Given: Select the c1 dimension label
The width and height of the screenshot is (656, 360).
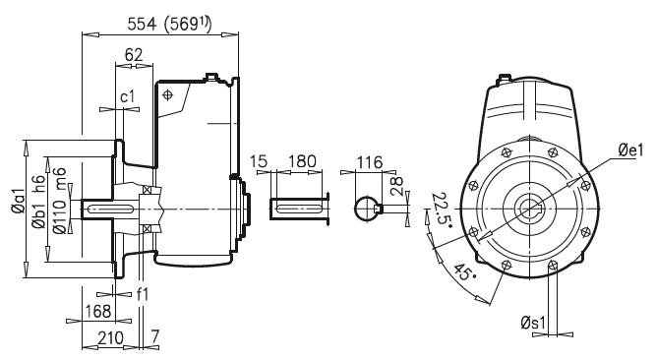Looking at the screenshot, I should click(x=128, y=97).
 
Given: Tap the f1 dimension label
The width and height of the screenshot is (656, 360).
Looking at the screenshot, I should click(x=144, y=293).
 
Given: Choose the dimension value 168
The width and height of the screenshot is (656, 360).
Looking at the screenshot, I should click(x=98, y=312).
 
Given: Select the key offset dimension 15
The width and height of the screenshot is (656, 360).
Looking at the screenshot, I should click(x=259, y=160).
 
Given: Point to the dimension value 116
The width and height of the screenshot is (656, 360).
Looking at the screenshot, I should click(x=370, y=160).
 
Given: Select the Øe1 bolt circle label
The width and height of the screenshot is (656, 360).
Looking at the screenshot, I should click(x=628, y=150).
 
